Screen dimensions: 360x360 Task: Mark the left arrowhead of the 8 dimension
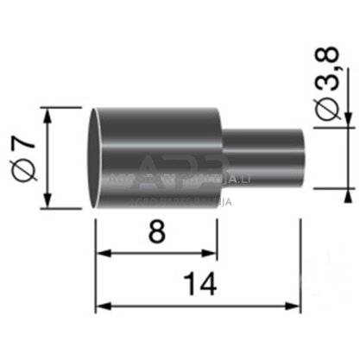(x=101, y=253)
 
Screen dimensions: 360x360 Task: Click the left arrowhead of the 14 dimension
(x=101, y=305)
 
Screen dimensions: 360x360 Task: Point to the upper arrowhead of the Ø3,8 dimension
(x=342, y=120)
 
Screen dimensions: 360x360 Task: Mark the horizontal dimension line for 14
(x=198, y=305)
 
